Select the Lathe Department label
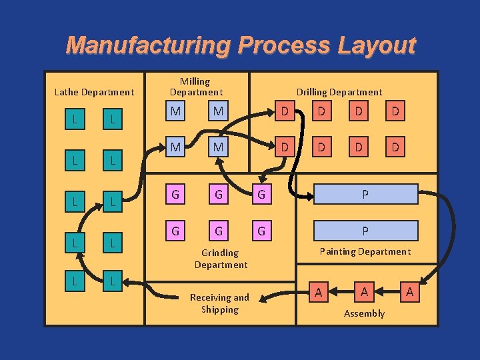(94, 92)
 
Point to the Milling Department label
(195, 87)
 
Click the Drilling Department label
(339, 92)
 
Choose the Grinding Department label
(221, 259)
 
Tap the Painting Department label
(365, 251)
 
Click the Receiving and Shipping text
(219, 303)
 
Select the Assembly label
(364, 313)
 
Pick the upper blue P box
(365, 195)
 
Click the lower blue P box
(365, 231)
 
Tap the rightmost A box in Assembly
(409, 292)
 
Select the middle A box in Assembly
(364, 292)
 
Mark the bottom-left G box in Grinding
(175, 231)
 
